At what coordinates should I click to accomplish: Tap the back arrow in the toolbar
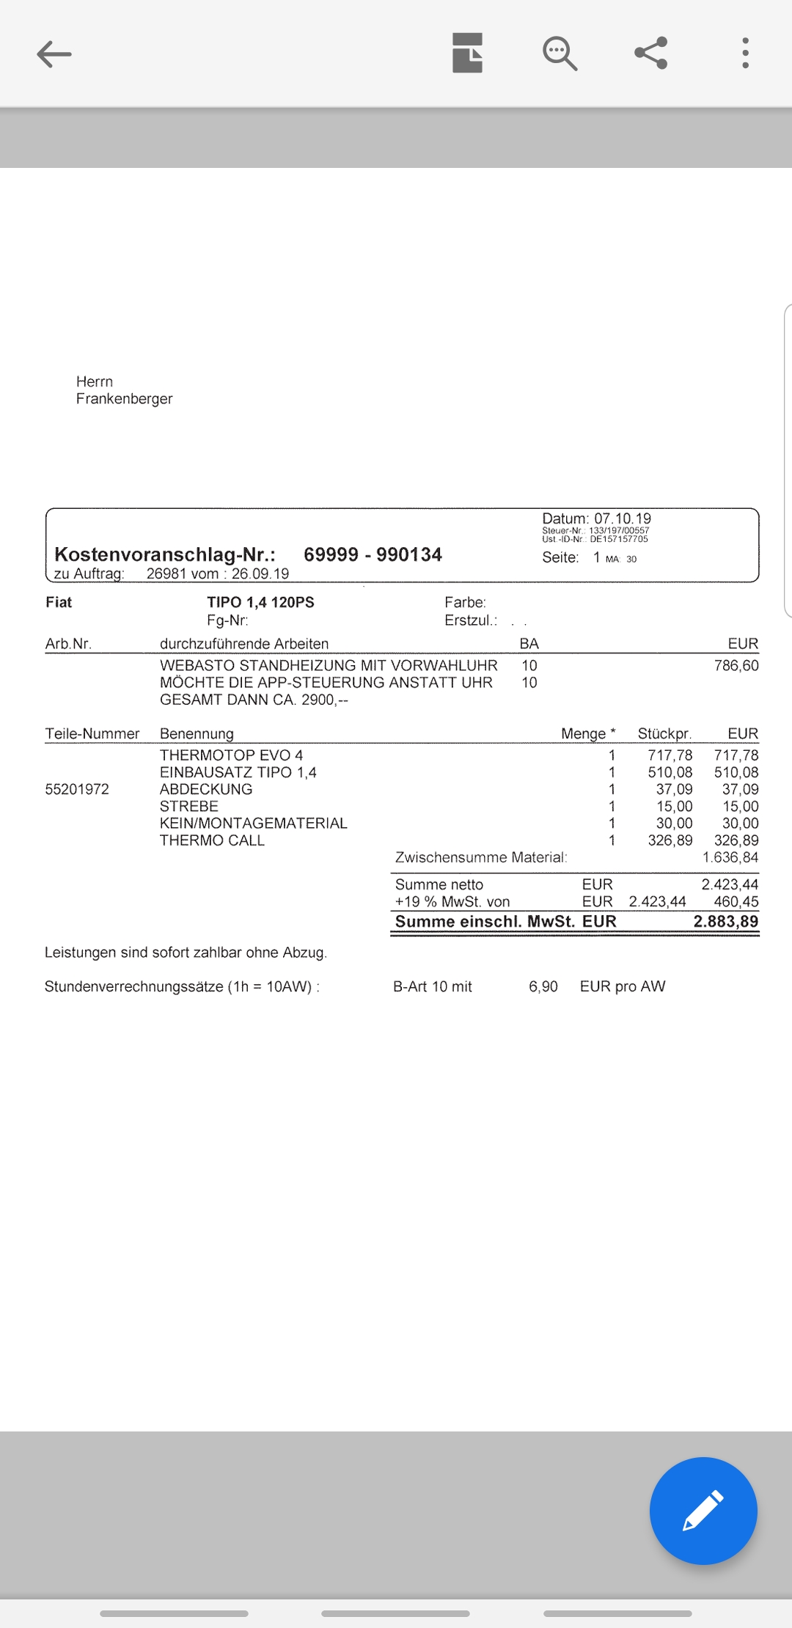(54, 54)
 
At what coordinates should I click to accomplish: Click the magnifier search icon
(560, 54)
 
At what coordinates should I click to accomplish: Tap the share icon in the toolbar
(650, 54)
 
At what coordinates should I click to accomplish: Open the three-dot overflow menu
(745, 54)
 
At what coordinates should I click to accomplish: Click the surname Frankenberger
(124, 399)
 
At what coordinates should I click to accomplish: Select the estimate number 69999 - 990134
(373, 554)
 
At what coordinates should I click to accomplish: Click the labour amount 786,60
(736, 666)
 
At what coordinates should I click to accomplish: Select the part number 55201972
(77, 789)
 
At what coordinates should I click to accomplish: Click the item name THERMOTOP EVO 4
(231, 755)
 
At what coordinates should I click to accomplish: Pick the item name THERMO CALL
(212, 840)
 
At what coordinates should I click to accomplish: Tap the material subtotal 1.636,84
(730, 857)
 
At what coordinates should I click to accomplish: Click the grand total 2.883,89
(725, 922)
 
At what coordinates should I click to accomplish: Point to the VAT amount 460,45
(736, 902)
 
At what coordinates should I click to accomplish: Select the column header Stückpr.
(664, 733)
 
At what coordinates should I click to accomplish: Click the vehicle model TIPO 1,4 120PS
(260, 602)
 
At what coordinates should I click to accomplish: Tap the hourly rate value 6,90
(543, 986)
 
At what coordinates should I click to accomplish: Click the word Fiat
(59, 602)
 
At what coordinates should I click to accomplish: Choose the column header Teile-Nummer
(92, 733)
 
